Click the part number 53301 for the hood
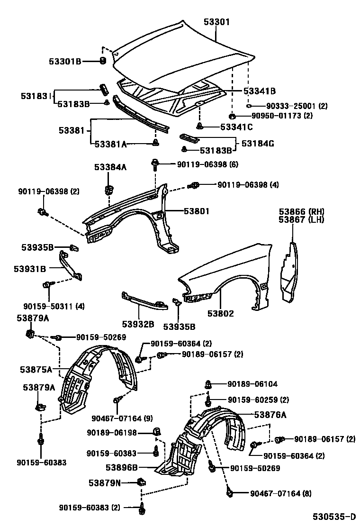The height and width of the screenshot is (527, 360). click(216, 22)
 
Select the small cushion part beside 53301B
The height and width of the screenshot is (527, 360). click(102, 61)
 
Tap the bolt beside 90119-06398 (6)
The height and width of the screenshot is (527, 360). click(155, 164)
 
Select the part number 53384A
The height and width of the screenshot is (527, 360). click(110, 167)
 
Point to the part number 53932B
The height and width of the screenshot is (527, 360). click(138, 324)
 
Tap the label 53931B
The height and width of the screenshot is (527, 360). click(30, 269)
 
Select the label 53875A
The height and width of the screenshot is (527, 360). click(36, 368)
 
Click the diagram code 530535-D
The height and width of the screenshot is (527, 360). click(333, 516)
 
